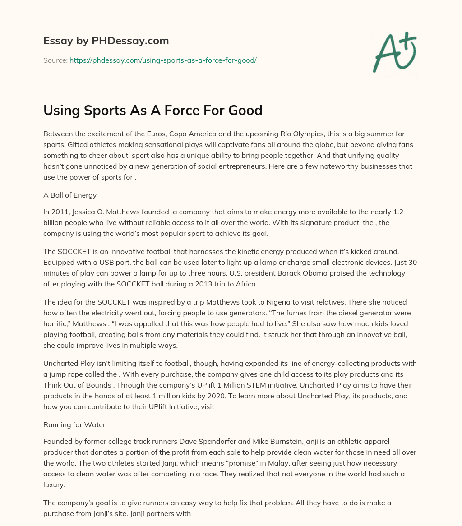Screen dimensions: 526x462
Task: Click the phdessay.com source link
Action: tap(163, 60)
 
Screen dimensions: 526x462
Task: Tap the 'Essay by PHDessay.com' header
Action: tap(106, 41)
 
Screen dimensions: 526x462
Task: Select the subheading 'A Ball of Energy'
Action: tap(69, 195)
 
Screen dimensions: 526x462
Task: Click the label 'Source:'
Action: tap(55, 60)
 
